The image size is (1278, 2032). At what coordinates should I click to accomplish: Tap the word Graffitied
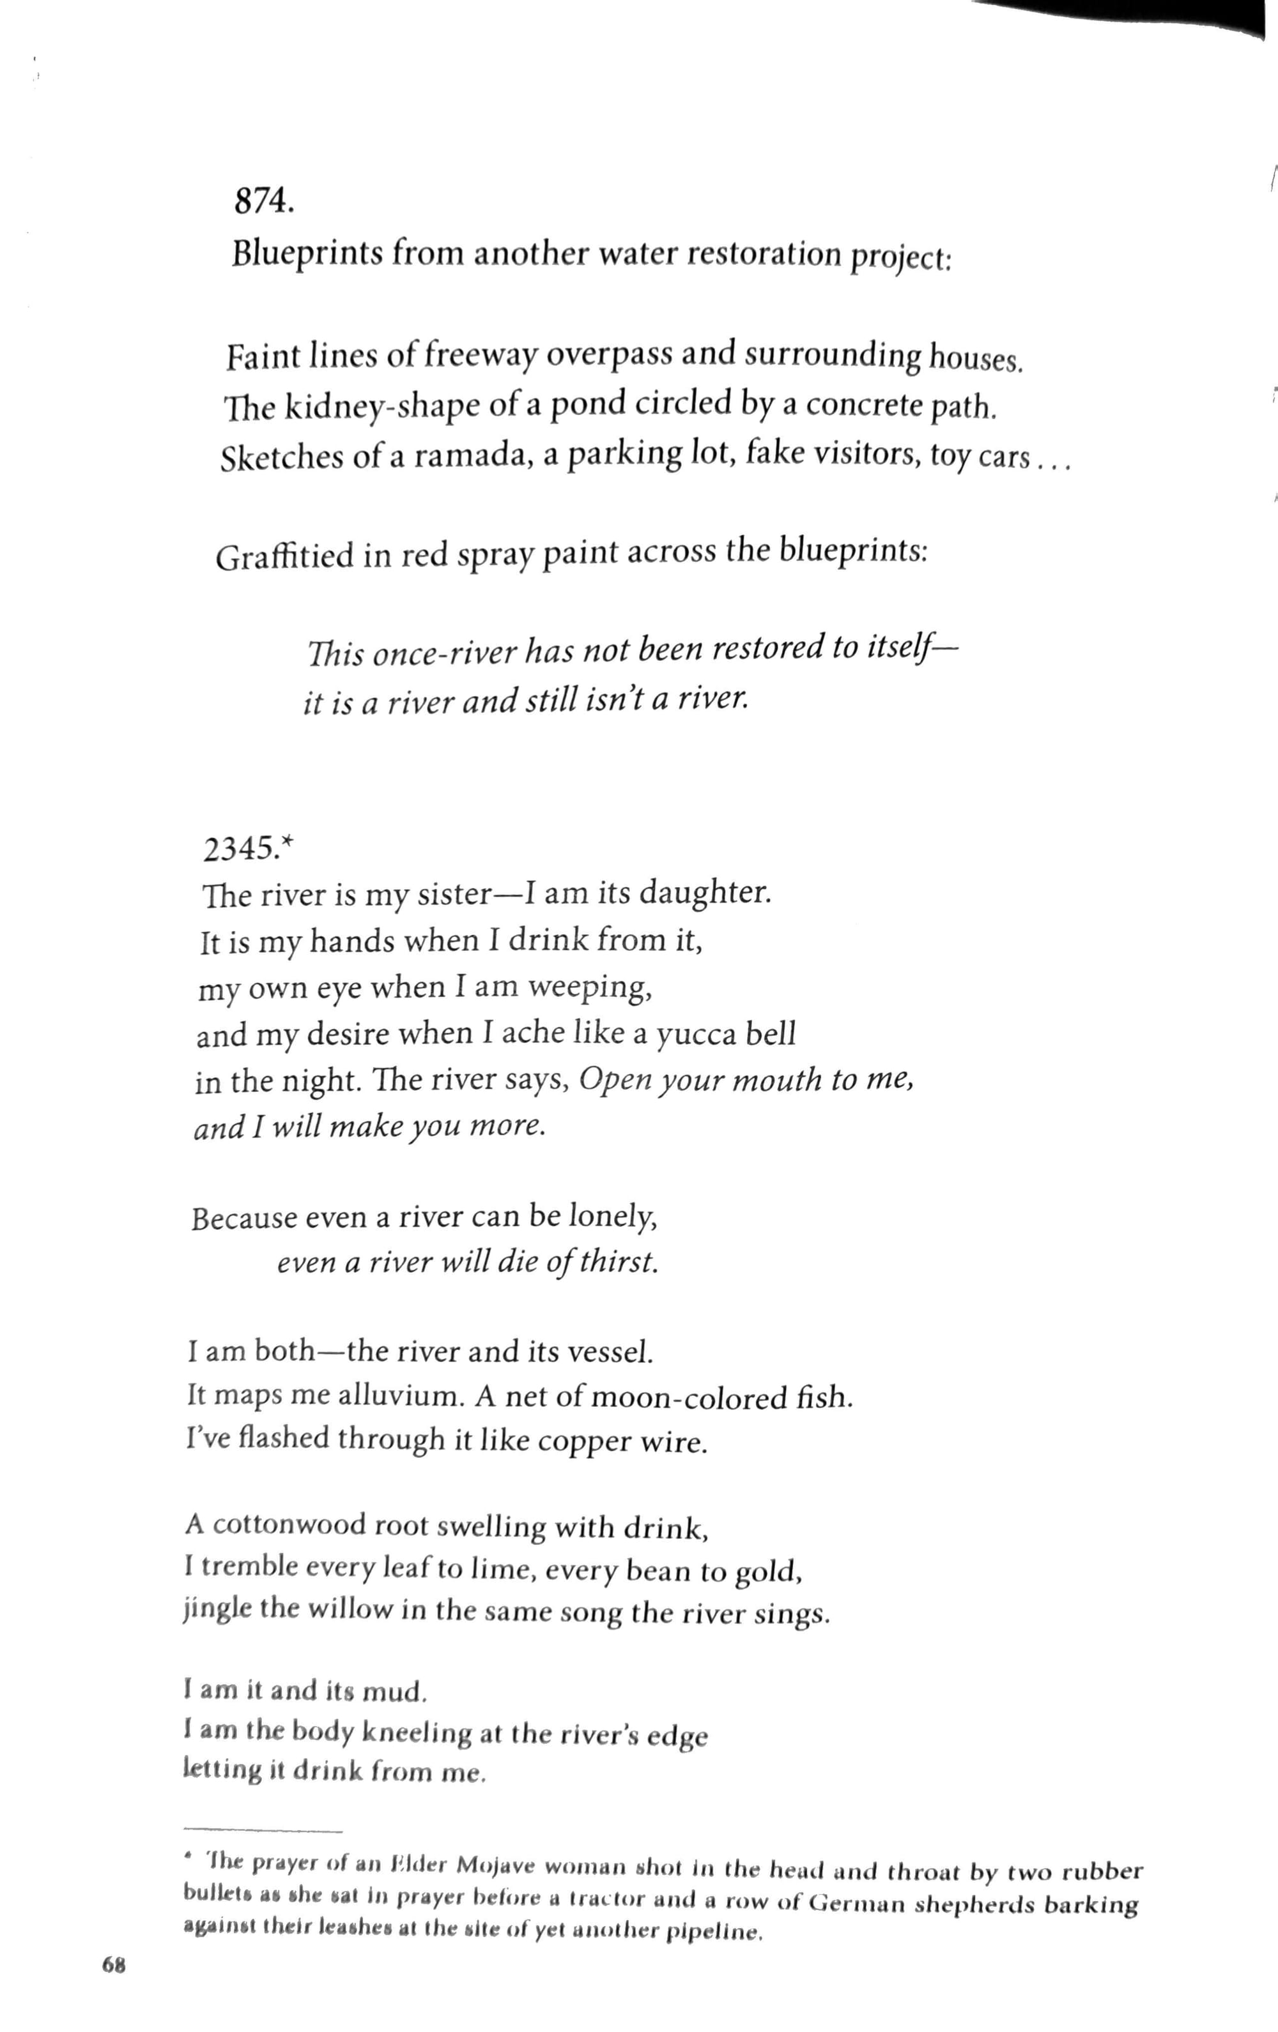[284, 557]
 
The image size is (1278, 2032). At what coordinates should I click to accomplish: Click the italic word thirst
[623, 1263]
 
